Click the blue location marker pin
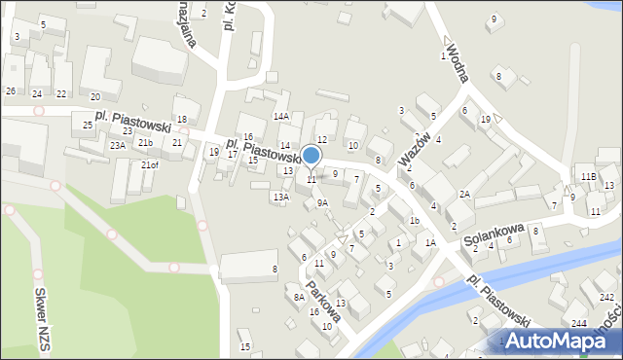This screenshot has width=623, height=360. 311,157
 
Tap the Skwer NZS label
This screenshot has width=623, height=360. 42,311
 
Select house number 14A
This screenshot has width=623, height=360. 281,116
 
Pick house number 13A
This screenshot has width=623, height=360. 280,198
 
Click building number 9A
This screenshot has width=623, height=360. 322,203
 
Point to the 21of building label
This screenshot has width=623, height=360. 149,165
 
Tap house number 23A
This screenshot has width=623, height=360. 117,145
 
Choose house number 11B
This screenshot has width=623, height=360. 588,176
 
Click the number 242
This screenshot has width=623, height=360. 606,297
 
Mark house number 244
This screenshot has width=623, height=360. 579,322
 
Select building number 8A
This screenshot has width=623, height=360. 299,297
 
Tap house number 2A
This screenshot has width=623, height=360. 465,195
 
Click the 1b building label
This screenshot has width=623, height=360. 414,221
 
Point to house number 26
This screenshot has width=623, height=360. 10,90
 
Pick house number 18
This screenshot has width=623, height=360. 181,119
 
